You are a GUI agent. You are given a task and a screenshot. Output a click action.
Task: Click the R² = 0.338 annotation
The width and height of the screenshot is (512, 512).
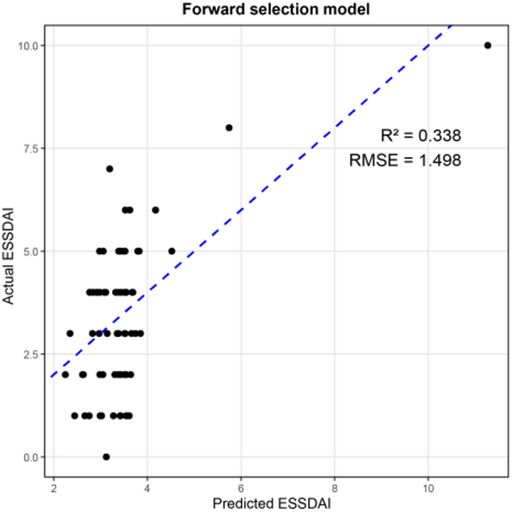tap(420, 135)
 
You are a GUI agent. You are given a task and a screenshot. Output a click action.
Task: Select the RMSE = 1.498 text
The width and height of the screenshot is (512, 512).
tap(405, 160)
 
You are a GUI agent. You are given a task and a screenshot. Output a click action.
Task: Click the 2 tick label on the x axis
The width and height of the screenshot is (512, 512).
tap(53, 485)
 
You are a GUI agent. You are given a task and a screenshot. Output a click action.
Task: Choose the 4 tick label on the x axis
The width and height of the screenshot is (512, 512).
tap(147, 485)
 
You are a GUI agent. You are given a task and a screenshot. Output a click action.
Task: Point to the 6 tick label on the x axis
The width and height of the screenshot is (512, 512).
tap(240, 485)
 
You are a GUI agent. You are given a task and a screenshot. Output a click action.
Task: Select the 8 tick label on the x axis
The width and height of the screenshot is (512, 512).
tap(334, 485)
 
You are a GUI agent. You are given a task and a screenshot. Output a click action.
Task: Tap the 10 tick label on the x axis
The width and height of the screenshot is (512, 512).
tap(427, 485)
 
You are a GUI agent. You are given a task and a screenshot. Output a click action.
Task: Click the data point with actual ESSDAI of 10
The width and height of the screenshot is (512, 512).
tap(487, 46)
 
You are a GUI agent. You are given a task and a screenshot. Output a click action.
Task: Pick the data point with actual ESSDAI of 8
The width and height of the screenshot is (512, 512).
tap(229, 127)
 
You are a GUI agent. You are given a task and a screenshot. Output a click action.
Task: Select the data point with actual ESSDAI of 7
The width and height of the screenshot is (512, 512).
tap(110, 169)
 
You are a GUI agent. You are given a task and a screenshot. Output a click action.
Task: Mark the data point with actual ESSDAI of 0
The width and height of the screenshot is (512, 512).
tap(106, 456)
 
